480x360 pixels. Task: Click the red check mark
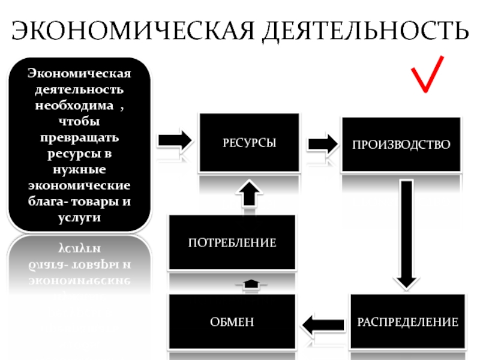tap(427, 74)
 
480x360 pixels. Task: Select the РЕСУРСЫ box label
tap(250, 143)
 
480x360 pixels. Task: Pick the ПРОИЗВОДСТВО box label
tap(401, 145)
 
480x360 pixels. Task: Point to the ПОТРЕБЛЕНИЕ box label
tap(232, 243)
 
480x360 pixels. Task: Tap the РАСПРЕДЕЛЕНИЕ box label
tap(408, 322)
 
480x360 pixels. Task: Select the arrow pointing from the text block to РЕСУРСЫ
tap(175, 141)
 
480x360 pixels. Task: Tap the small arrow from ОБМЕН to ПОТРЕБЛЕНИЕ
tap(250, 283)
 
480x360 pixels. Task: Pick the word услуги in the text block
tap(80, 218)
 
